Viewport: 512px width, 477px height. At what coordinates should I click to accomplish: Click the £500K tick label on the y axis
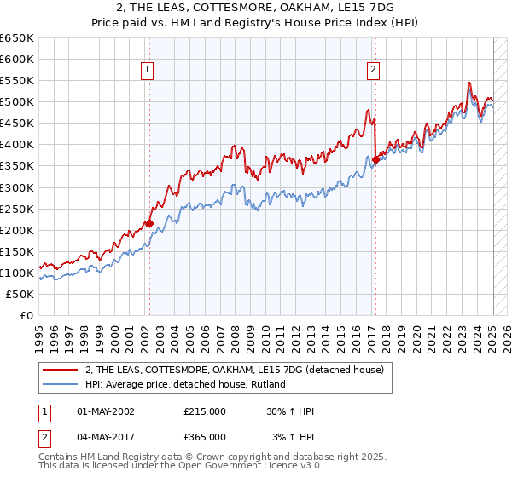coord(17,102)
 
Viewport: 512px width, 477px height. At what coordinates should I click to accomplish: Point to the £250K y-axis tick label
coord(17,209)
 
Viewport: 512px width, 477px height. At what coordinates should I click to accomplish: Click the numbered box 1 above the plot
coord(148,71)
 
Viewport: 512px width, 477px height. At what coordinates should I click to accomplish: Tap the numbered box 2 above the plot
coord(374,71)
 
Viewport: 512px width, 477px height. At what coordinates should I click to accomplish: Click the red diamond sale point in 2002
coord(149,224)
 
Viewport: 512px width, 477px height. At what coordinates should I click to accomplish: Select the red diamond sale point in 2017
coord(375,159)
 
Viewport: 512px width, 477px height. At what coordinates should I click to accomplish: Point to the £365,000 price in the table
coord(205,436)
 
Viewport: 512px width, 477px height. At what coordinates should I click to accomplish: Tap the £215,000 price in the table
coord(205,411)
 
